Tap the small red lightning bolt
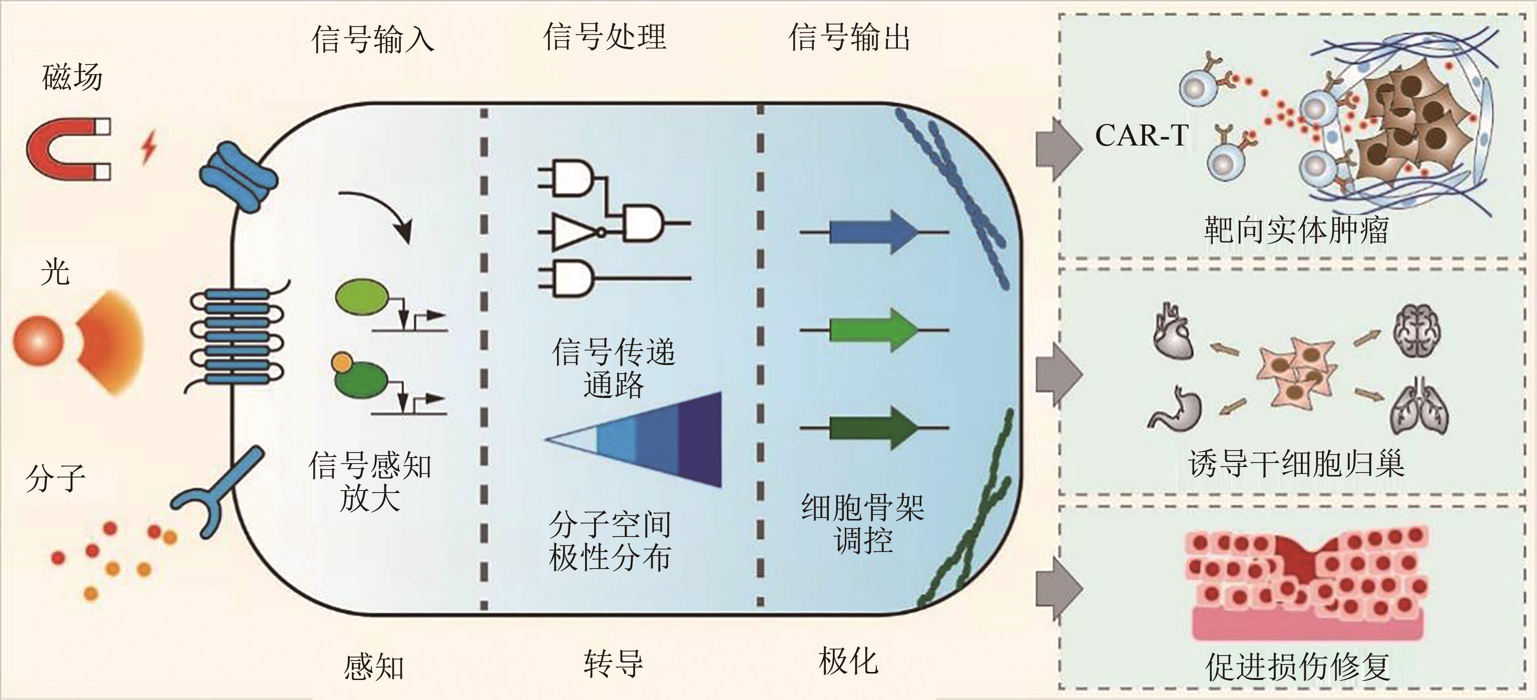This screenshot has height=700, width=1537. click(149, 148)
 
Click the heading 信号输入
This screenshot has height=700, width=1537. click(373, 39)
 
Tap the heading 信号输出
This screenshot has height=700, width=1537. click(849, 37)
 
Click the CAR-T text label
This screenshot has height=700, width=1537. click(1141, 136)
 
